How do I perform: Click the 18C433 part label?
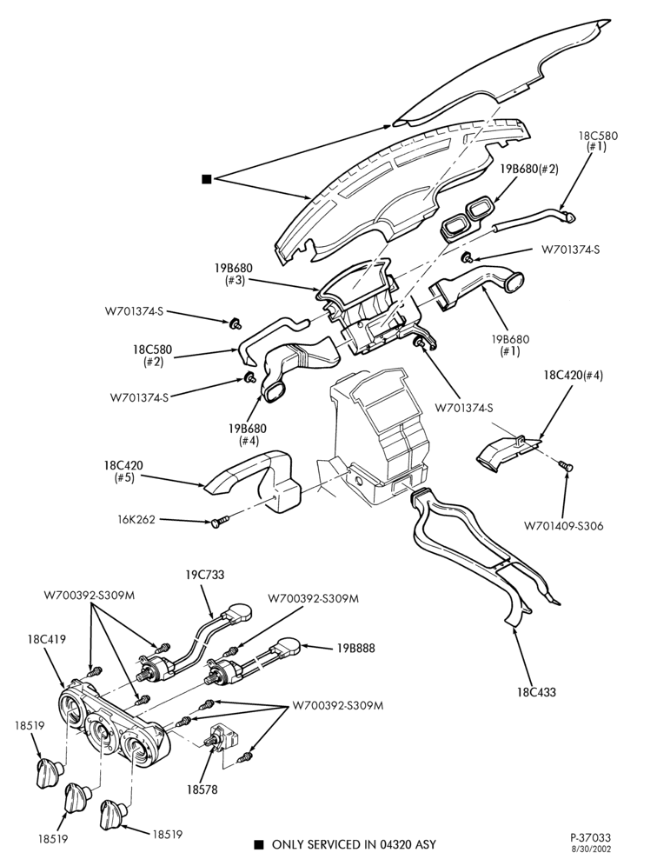[x=537, y=691]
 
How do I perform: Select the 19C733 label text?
[x=205, y=575]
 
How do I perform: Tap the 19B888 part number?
[x=355, y=647]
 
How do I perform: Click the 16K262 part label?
[x=136, y=519]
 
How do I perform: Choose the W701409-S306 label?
[x=564, y=526]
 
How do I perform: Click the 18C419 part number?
[x=46, y=639]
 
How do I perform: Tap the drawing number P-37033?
[x=590, y=838]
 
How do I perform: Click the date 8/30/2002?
[x=591, y=849]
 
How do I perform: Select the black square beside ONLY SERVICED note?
[x=258, y=844]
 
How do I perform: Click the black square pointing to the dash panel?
[x=207, y=179]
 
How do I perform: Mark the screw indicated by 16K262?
[x=219, y=522]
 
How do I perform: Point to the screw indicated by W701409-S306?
[x=566, y=465]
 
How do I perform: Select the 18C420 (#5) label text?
[x=123, y=471]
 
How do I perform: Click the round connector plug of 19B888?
[x=289, y=645]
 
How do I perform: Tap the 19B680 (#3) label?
[x=234, y=275]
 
